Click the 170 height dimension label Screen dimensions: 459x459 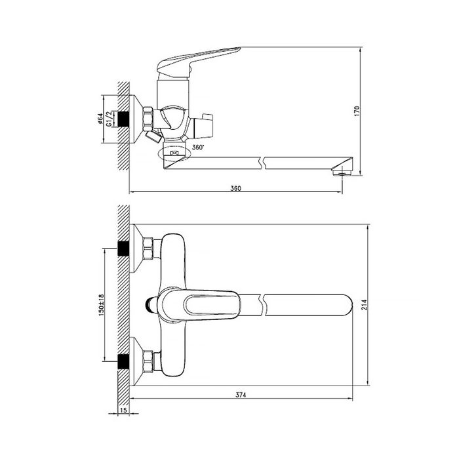pyautogui.click(x=357, y=111)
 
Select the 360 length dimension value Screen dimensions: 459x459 pyautogui.click(x=235, y=188)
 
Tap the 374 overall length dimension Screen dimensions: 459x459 pyautogui.click(x=241, y=395)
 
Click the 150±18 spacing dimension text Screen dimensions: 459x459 pyautogui.click(x=101, y=305)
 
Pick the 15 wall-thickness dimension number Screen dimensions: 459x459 pyautogui.click(x=123, y=410)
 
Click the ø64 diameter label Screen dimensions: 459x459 pyautogui.click(x=100, y=119)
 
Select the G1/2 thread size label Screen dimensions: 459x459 pyautogui.click(x=108, y=119)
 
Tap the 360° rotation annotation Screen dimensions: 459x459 pyautogui.click(x=198, y=148)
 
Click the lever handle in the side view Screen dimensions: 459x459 pyautogui.click(x=196, y=62)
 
